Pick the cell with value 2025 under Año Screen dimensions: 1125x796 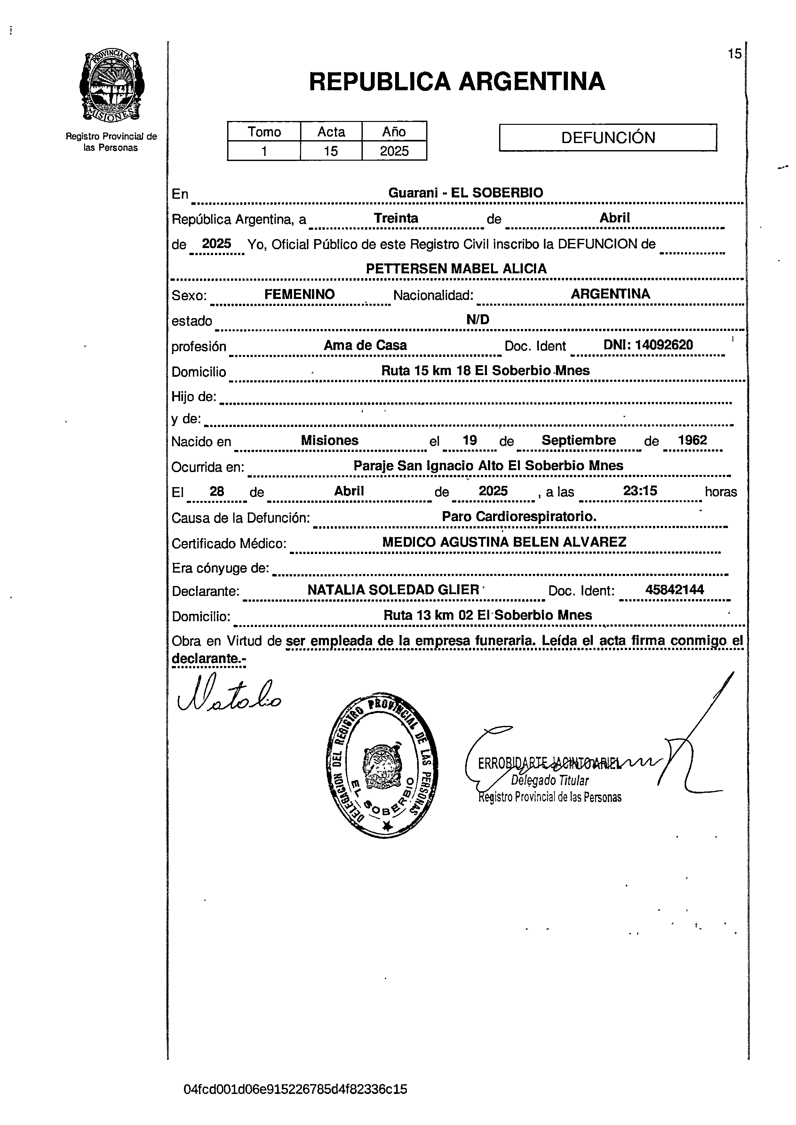pyautogui.click(x=394, y=151)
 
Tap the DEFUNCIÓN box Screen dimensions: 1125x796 pyautogui.click(x=608, y=138)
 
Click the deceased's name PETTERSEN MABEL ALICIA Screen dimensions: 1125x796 pyautogui.click(x=456, y=269)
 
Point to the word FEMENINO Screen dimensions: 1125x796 pyautogui.click(x=299, y=294)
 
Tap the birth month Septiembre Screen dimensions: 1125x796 pyautogui.click(x=578, y=440)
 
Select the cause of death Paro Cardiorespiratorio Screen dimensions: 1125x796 pyautogui.click(x=519, y=516)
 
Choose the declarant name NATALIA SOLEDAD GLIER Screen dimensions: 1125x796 pyautogui.click(x=393, y=590)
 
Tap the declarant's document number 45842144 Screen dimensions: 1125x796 pyautogui.click(x=674, y=590)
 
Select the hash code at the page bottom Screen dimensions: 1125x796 pyautogui.click(x=295, y=1089)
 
